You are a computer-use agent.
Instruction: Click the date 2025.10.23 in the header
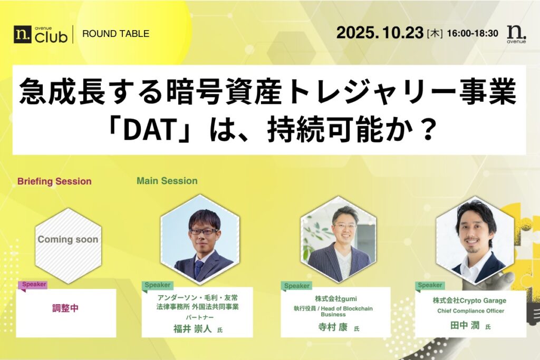[x=380, y=33]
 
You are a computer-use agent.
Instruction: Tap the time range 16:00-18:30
[x=472, y=33]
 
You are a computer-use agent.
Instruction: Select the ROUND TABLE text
[x=115, y=34]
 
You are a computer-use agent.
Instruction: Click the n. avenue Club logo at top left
[x=41, y=34]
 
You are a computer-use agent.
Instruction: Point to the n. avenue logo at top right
[x=516, y=34]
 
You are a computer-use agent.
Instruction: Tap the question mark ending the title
[x=428, y=130]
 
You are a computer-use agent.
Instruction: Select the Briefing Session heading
[x=54, y=181]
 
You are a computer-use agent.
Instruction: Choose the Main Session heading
[x=167, y=181]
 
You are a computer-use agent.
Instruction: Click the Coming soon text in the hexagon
[x=68, y=239]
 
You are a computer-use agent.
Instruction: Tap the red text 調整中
[x=65, y=308]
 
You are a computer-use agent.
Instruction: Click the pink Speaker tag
[x=34, y=285]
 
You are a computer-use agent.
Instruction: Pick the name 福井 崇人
[x=192, y=329]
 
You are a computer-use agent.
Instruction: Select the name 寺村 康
[x=333, y=327]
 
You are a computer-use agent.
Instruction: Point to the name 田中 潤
[x=465, y=325]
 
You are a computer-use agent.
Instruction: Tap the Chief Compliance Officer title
[x=471, y=311]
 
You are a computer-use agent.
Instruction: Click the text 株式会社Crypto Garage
[x=469, y=300]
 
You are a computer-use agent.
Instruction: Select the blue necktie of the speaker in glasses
[x=198, y=268]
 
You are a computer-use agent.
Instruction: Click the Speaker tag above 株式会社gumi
[x=296, y=286]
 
